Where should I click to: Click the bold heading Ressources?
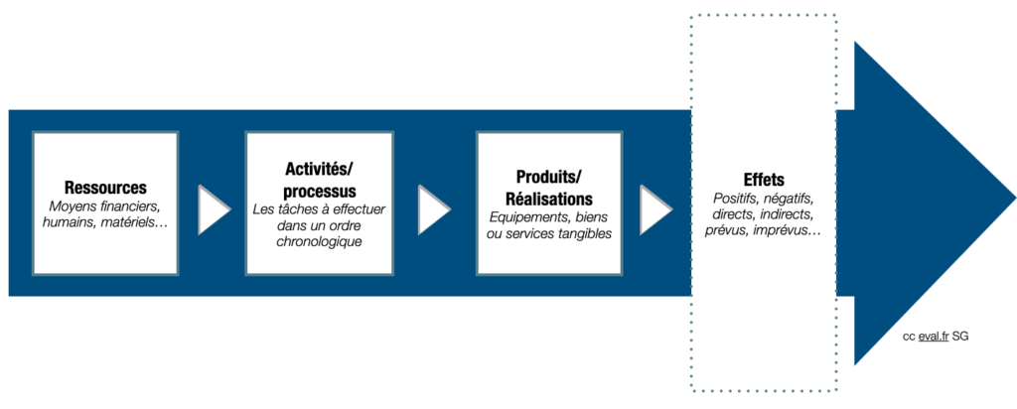click(x=105, y=188)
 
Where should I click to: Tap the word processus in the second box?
click(x=319, y=192)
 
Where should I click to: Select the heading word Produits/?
click(x=549, y=177)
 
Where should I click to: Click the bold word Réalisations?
click(x=548, y=199)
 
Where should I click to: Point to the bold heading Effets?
click(x=764, y=180)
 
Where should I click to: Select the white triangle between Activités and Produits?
click(x=434, y=209)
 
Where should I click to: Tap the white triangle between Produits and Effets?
click(x=655, y=209)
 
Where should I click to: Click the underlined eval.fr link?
click(x=934, y=337)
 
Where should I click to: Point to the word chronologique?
click(x=319, y=242)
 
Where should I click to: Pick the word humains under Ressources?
click(x=69, y=222)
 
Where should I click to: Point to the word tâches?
click(x=299, y=210)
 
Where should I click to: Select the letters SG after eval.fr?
click(x=961, y=337)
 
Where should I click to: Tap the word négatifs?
click(x=789, y=198)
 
